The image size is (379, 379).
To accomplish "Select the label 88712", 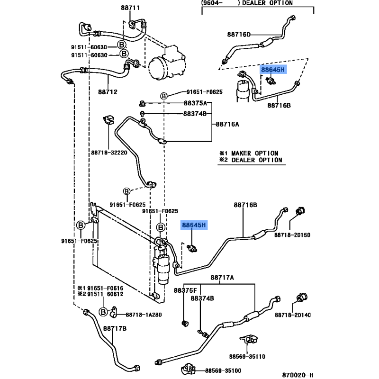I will tap(108, 91).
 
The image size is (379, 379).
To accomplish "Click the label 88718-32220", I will tap(109, 153).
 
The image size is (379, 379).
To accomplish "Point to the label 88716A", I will tap(227, 124).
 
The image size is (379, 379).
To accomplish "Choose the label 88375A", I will tap(195, 103).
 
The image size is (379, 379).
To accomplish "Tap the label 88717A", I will tap(222, 278).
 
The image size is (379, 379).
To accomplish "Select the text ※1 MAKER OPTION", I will tap(249, 153).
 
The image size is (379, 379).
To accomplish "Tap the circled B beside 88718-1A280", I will tap(103, 311).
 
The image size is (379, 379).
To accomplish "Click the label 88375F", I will tap(185, 290).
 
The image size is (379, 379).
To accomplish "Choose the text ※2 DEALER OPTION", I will tap(251, 160).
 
